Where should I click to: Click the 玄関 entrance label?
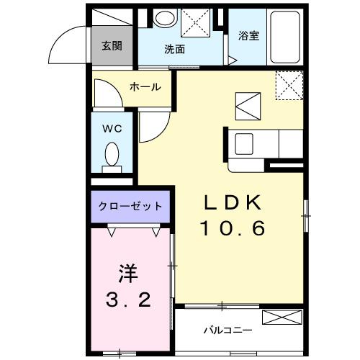click(111, 47)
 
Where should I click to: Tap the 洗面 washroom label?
click(174, 50)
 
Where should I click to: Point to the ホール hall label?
click(145, 87)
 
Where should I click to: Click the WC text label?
click(111, 129)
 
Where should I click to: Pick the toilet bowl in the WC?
click(112, 154)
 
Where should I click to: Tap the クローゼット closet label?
click(130, 206)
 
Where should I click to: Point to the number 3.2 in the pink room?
click(130, 299)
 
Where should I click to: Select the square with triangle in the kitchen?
click(248, 107)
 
